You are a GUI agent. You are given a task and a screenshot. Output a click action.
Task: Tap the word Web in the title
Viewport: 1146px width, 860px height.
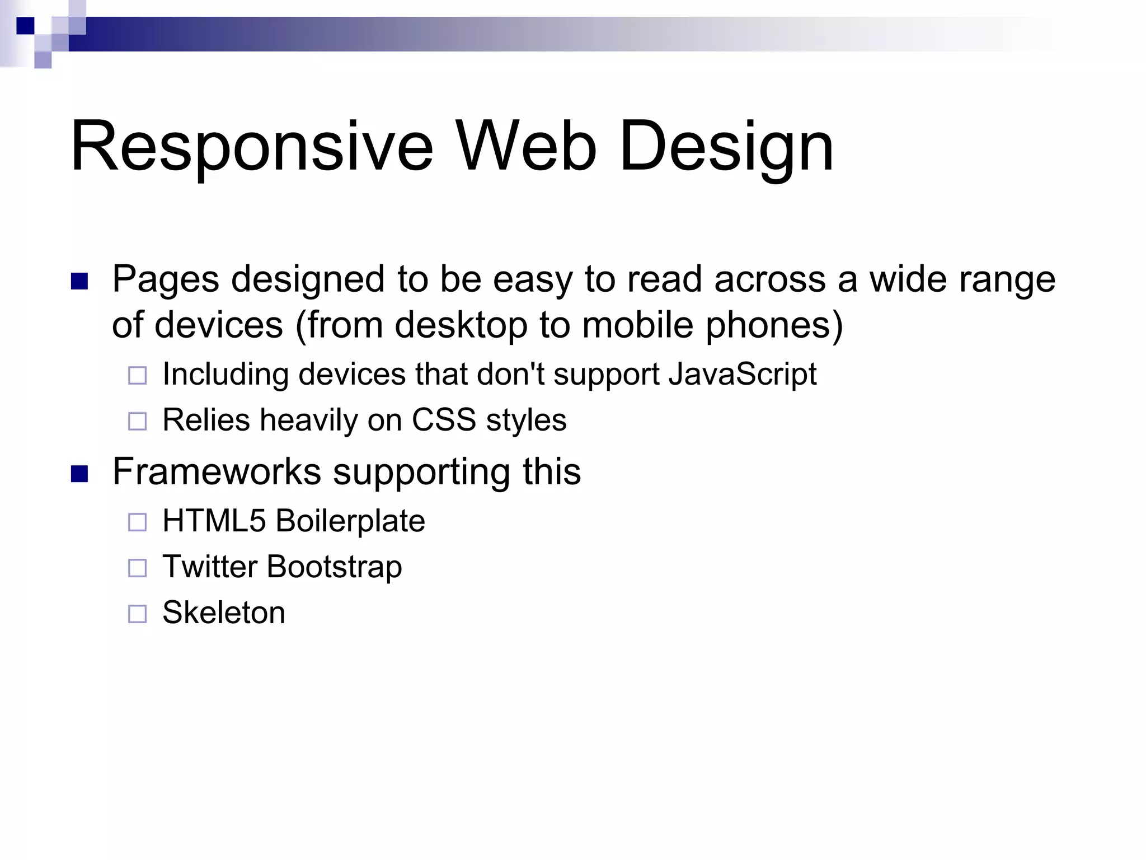coord(526,147)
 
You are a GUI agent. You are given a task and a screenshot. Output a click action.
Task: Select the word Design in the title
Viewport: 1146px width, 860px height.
coord(726,147)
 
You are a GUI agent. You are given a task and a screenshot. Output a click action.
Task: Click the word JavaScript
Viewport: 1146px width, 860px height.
coord(743,374)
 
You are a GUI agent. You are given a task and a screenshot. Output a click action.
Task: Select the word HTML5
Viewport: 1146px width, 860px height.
coord(214,521)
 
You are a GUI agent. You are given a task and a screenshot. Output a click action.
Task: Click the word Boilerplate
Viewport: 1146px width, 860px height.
coord(350,521)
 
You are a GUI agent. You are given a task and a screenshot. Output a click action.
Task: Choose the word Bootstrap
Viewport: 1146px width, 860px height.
coord(335,567)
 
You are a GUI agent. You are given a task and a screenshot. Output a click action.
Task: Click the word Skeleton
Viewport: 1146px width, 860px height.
coord(224,613)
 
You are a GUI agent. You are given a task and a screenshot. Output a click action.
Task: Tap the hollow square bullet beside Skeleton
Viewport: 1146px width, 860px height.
coord(137,614)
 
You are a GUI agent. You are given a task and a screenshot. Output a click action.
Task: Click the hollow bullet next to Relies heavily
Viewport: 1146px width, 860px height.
coord(137,421)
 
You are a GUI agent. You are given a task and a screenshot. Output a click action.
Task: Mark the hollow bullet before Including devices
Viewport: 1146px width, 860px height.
coord(137,375)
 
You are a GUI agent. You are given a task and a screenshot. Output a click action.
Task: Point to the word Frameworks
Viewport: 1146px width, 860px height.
coord(217,471)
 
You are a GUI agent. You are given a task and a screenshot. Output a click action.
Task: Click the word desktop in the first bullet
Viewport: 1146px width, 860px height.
coord(461,325)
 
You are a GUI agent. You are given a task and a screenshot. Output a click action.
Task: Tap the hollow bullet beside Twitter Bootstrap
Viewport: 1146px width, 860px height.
coord(137,568)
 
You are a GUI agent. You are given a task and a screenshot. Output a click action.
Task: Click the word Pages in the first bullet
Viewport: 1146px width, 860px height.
coord(166,279)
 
